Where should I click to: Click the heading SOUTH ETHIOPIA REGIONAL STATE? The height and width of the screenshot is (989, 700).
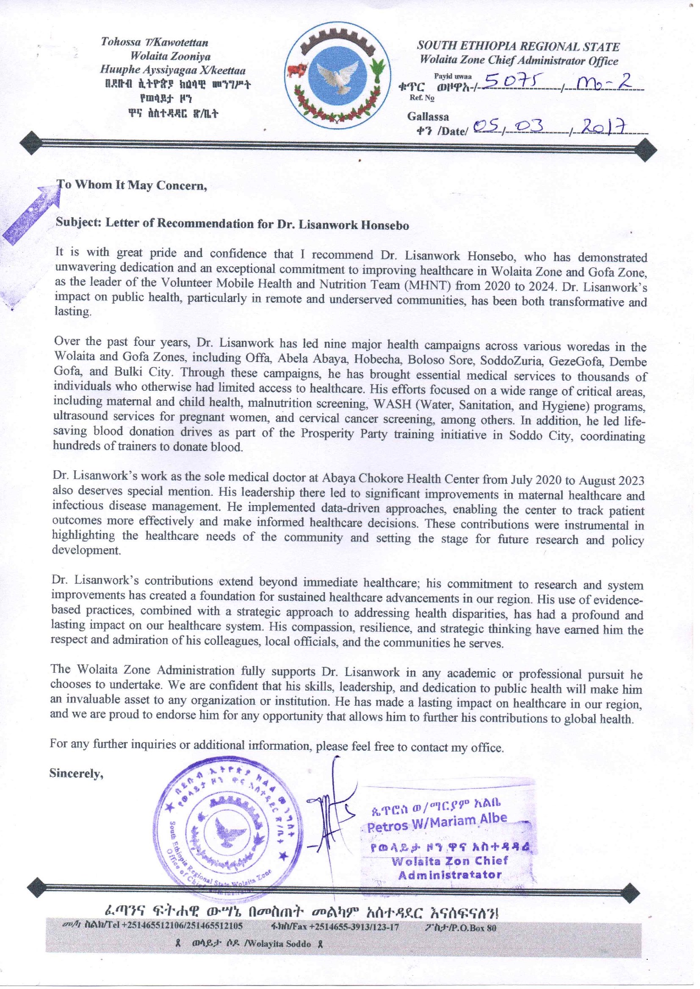[517, 47]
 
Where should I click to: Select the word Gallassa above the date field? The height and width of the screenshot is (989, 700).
[428, 116]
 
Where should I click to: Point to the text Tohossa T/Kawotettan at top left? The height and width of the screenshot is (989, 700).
[155, 42]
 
